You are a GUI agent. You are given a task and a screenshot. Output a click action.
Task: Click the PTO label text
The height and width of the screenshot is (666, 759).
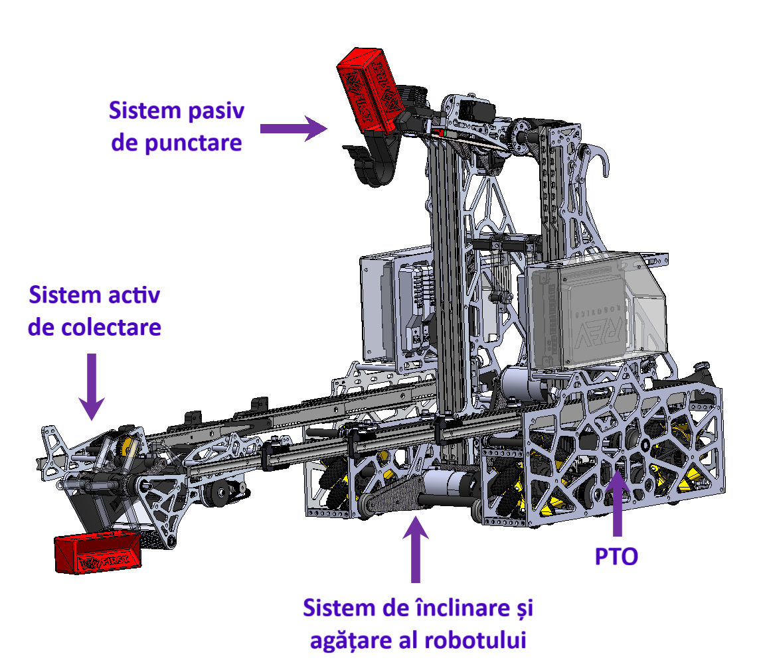616,556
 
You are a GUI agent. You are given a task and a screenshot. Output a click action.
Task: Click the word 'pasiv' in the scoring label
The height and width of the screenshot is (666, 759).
216,111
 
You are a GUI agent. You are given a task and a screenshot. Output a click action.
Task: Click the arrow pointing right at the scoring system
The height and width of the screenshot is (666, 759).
294,128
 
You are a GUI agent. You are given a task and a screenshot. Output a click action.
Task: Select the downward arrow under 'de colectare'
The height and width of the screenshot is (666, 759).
92,387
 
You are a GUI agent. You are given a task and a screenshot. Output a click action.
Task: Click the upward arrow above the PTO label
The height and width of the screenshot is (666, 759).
617,502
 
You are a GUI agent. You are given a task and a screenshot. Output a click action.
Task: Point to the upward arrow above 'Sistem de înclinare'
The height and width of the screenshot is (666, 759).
415,549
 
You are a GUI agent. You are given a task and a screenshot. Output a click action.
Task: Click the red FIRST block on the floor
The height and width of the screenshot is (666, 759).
98,552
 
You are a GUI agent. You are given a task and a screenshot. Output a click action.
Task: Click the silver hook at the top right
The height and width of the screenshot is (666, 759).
596,160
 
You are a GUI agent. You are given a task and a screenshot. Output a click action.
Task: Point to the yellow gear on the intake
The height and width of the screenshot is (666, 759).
127,446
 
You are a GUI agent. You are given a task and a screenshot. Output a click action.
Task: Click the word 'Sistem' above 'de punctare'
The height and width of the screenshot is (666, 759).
145,111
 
